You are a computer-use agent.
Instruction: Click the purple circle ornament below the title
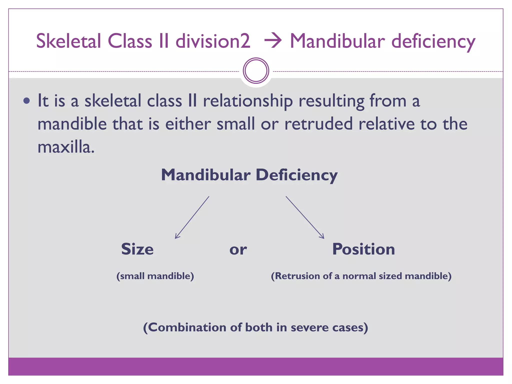coord(256,71)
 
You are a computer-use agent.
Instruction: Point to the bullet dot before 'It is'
coord(26,101)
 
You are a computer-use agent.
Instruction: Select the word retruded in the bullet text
coord(319,124)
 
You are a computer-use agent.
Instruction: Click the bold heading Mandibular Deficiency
coord(249,175)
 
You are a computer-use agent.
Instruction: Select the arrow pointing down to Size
coord(192,217)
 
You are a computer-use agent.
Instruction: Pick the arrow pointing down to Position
coord(305,217)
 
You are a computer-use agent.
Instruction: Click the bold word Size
coord(137,249)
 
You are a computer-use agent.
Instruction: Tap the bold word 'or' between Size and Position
coord(238,250)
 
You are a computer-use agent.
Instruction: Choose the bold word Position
coord(363,249)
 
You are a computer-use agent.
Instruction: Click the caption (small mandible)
coord(155,276)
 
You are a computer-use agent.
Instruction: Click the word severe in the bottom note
coord(309,327)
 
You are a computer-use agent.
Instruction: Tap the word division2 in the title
coord(213,41)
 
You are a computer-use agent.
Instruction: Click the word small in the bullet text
coord(235,124)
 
